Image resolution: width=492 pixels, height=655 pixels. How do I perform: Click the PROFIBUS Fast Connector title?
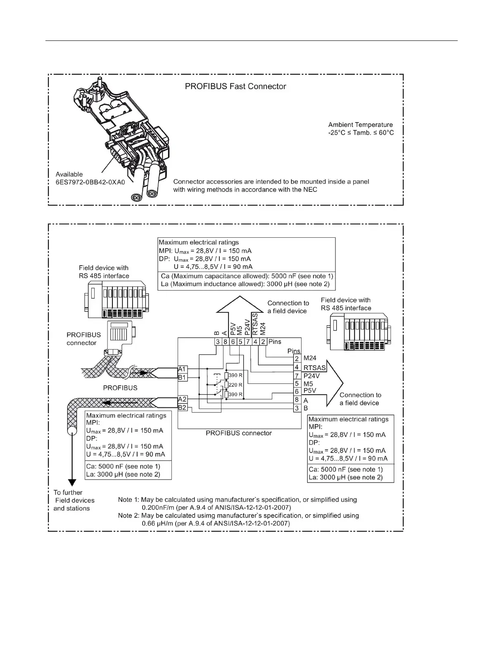click(235, 87)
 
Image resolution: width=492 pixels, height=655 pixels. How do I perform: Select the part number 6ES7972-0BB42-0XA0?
click(90, 182)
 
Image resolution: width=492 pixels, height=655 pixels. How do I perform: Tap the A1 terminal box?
click(182, 369)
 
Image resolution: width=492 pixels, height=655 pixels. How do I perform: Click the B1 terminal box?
click(182, 377)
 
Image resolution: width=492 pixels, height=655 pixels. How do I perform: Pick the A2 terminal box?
click(182, 399)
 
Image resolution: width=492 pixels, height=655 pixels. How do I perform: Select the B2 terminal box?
click(182, 408)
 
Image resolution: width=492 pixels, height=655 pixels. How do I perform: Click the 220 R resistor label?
click(235, 385)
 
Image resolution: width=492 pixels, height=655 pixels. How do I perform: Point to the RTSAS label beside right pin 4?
click(314, 367)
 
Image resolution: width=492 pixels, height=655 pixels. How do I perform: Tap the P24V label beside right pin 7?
click(311, 376)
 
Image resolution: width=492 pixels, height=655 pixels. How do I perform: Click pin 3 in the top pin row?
click(218, 342)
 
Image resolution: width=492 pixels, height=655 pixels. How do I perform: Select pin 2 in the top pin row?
click(263, 342)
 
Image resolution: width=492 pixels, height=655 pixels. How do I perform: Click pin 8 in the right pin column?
click(297, 400)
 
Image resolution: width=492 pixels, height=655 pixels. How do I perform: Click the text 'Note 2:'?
click(128, 515)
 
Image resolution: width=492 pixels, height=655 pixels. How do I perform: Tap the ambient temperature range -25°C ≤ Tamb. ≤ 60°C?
click(361, 133)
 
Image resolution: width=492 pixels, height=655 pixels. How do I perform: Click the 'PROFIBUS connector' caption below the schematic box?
click(239, 433)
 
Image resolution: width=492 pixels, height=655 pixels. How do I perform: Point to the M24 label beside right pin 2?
click(310, 359)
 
